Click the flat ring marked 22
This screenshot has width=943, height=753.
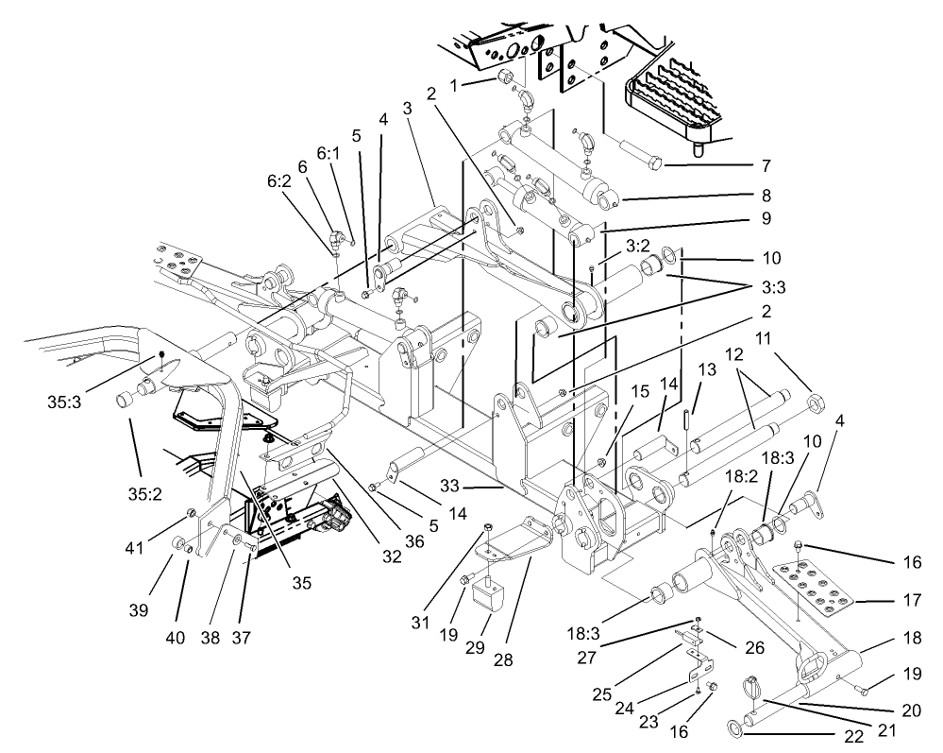coord(734,728)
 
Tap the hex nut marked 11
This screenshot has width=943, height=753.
coord(817,407)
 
